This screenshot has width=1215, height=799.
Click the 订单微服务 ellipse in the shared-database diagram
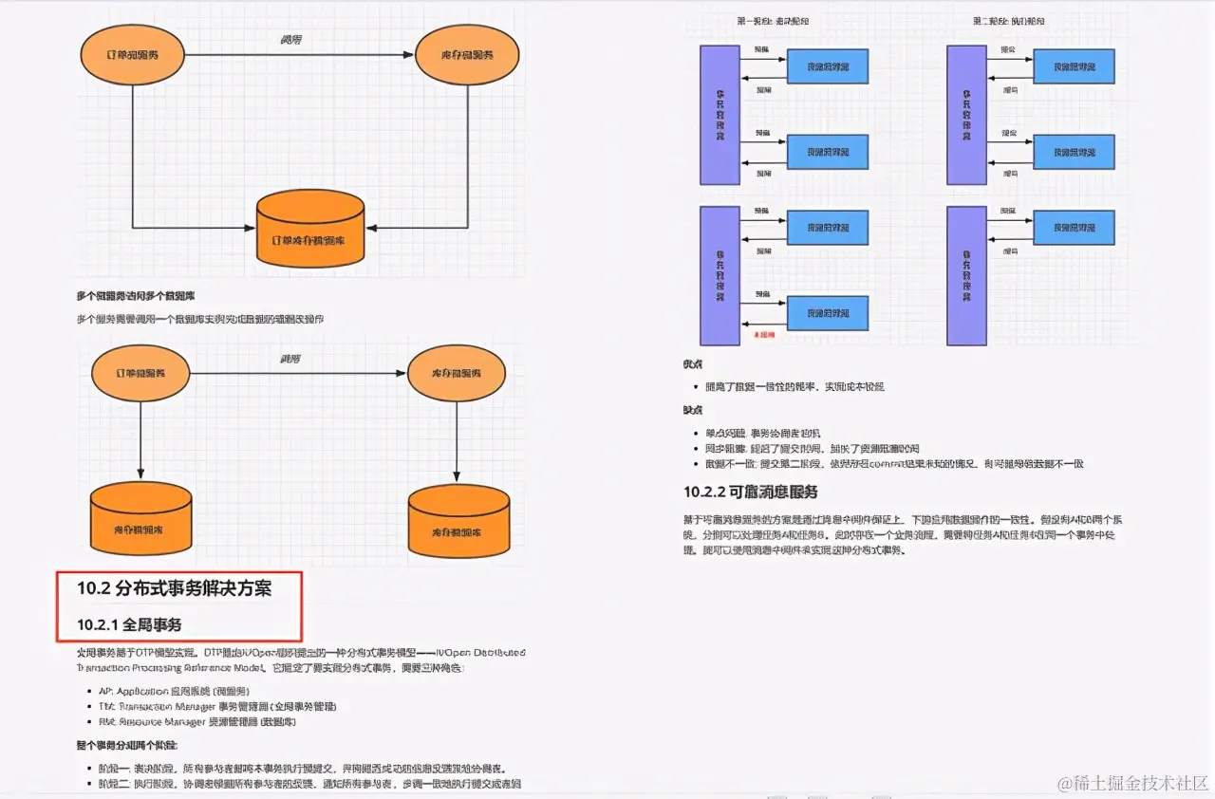tap(132, 54)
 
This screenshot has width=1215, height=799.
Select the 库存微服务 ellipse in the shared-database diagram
tap(468, 54)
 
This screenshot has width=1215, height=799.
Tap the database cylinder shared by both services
tap(311, 227)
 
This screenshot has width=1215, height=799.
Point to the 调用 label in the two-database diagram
tap(290, 359)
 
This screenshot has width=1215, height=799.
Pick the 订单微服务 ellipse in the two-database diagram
tap(140, 373)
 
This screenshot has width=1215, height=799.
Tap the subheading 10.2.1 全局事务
tap(129, 624)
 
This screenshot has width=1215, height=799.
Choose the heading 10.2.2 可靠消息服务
tap(750, 492)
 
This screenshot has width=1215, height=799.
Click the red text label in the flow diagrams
tap(763, 335)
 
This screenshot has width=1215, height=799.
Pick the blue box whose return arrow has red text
tap(828, 312)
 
